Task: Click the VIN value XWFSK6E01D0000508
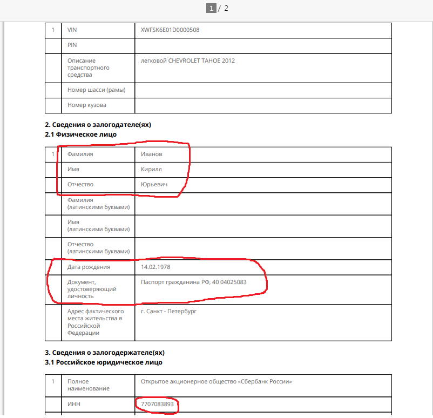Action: pyautogui.click(x=170, y=30)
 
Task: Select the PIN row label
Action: pyautogui.click(x=72, y=45)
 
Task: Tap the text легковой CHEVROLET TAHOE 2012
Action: pyautogui.click(x=188, y=60)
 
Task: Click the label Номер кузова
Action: pyautogui.click(x=86, y=105)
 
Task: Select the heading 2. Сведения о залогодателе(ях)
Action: pyautogui.click(x=98, y=125)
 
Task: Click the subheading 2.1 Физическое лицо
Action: pyautogui.click(x=80, y=134)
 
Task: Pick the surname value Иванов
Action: pyautogui.click(x=152, y=154)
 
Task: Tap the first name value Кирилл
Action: pyautogui.click(x=151, y=169)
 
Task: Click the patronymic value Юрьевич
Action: pyautogui.click(x=154, y=184)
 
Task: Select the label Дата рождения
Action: pyautogui.click(x=89, y=267)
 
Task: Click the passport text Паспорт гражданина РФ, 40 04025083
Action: pyautogui.click(x=194, y=281)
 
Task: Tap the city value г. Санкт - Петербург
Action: pyautogui.click(x=168, y=311)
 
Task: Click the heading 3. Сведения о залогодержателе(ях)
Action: pyautogui.click(x=105, y=352)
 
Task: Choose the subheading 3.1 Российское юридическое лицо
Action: pyautogui.click(x=104, y=362)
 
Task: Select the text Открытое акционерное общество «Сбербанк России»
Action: pyautogui.click(x=216, y=382)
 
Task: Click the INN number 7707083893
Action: pyautogui.click(x=157, y=404)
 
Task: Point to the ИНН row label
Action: pyautogui.click(x=73, y=404)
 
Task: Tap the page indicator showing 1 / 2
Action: pyautogui.click(x=218, y=8)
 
